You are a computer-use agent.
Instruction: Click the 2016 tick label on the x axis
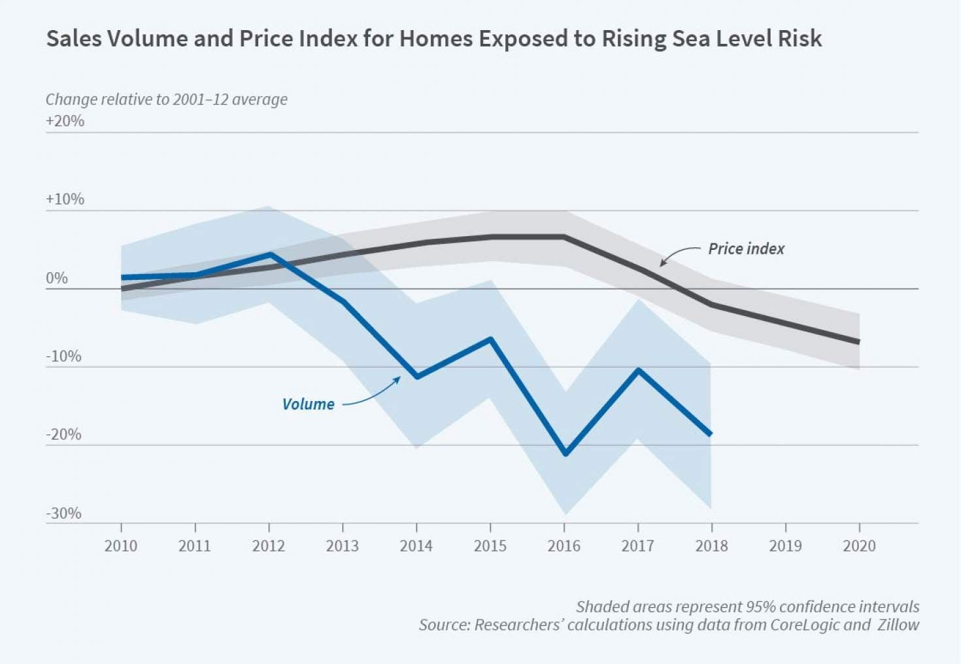(564, 546)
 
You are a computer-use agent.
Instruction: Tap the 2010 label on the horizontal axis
(121, 546)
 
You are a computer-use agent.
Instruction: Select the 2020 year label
(859, 546)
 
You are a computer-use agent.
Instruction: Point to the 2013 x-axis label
(343, 546)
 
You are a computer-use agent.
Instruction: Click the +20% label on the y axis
(65, 121)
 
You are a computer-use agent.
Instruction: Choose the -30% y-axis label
(63, 514)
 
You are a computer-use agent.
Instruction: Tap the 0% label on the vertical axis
(57, 278)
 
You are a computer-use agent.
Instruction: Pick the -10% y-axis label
(63, 357)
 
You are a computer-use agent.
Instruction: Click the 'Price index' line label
(746, 249)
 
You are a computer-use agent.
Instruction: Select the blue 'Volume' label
(308, 404)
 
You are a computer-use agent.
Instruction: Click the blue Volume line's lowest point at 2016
(565, 453)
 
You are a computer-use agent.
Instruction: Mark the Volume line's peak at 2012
(269, 254)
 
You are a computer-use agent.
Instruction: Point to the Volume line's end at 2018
(711, 434)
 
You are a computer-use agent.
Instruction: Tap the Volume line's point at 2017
(638, 370)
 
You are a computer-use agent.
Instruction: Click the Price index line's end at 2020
(858, 341)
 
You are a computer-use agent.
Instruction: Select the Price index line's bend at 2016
(564, 237)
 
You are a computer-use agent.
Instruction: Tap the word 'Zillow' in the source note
(898, 625)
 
